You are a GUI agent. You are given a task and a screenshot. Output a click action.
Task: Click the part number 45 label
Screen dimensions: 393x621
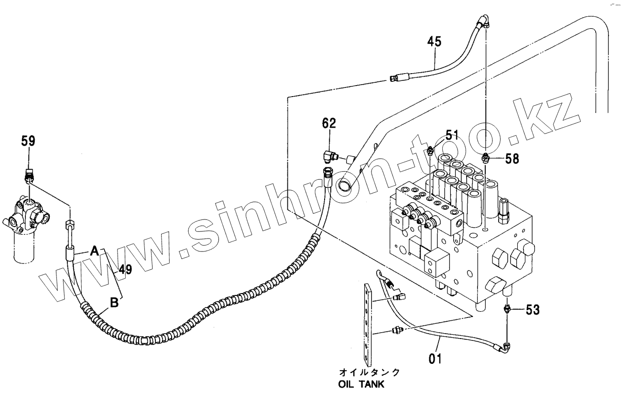pos(434,42)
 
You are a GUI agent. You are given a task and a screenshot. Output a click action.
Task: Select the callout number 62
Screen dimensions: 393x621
pos(329,124)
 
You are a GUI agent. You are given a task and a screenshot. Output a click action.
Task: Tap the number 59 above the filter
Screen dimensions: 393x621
pos(28,141)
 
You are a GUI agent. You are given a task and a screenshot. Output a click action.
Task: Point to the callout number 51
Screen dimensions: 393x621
pos(452,135)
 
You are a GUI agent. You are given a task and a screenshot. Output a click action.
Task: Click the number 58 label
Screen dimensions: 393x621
pos(512,158)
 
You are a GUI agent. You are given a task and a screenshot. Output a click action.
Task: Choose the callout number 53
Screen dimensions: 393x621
pos(533,310)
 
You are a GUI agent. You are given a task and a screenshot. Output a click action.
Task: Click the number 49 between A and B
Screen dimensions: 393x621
pos(125,270)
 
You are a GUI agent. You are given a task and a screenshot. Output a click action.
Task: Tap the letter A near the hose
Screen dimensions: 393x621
pos(95,250)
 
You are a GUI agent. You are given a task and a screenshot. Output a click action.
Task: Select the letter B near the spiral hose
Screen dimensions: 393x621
pos(115,302)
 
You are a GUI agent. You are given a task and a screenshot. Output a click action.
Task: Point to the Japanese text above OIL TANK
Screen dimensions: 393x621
pos(369,371)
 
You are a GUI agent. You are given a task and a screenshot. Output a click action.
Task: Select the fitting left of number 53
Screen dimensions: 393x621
pos(508,309)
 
